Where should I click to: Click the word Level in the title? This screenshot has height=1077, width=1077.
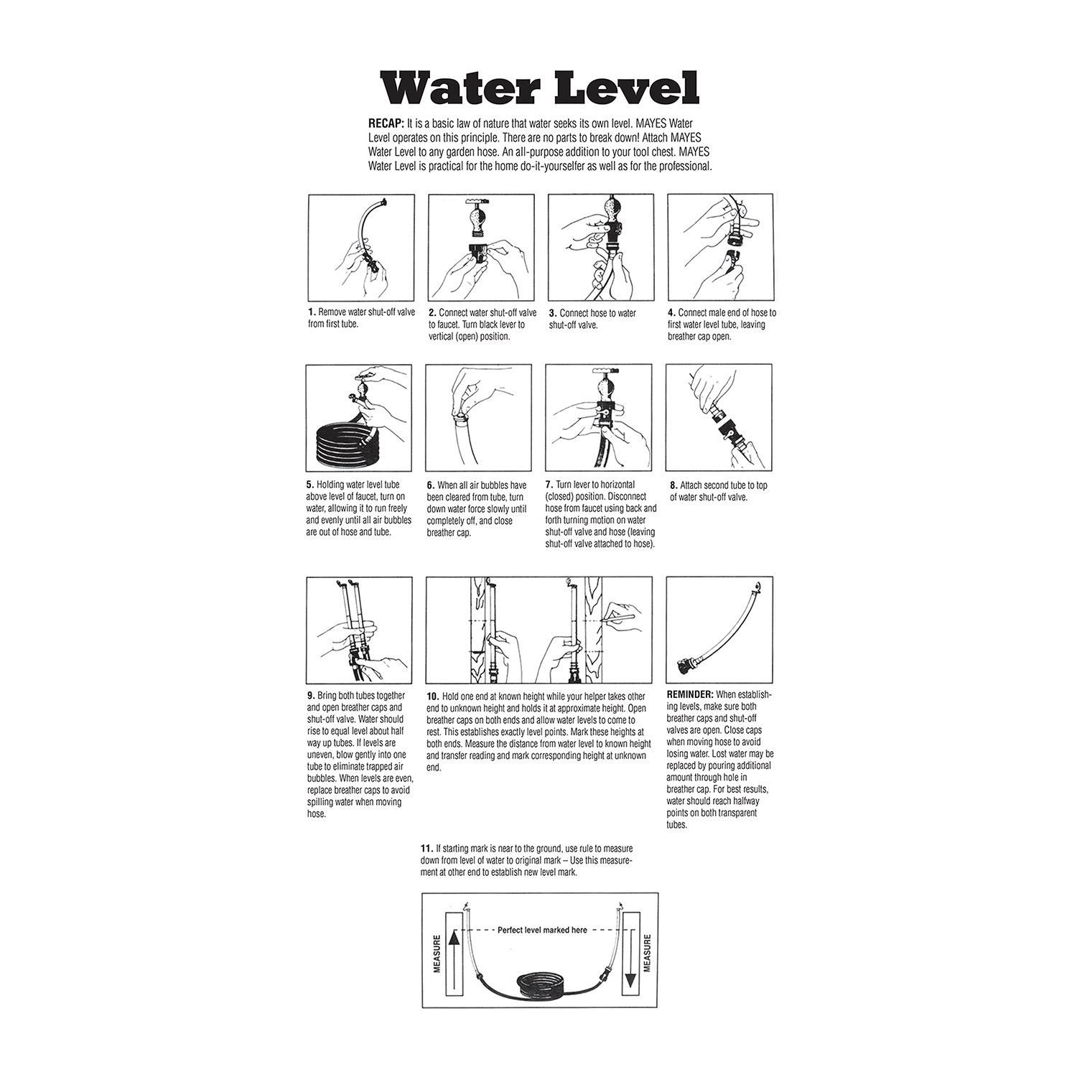[x=623, y=88]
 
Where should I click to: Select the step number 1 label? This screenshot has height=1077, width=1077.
[x=312, y=312]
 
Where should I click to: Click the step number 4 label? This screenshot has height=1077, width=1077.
[x=671, y=312]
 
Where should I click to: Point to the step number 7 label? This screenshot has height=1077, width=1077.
[x=549, y=485]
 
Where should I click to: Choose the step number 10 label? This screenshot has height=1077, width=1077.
[x=432, y=696]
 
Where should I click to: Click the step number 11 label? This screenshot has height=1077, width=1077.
[x=426, y=848]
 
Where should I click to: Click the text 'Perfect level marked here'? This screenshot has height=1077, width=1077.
[x=542, y=930]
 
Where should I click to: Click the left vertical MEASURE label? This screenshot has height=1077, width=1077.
[x=437, y=953]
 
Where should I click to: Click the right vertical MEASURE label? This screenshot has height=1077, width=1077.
[x=647, y=953]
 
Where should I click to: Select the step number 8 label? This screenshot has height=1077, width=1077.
[x=673, y=485]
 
